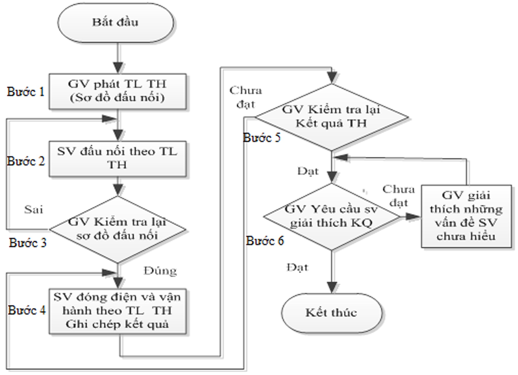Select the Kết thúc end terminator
point(332,313)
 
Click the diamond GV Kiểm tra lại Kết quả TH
point(332,117)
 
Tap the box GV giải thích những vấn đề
point(466,216)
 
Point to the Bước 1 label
point(26,92)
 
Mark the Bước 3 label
point(28,243)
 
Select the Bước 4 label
point(27,310)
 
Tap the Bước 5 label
point(262,138)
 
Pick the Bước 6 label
point(265,241)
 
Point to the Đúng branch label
point(160,271)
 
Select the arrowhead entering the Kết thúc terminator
point(332,288)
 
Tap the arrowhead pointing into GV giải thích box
point(413,217)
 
